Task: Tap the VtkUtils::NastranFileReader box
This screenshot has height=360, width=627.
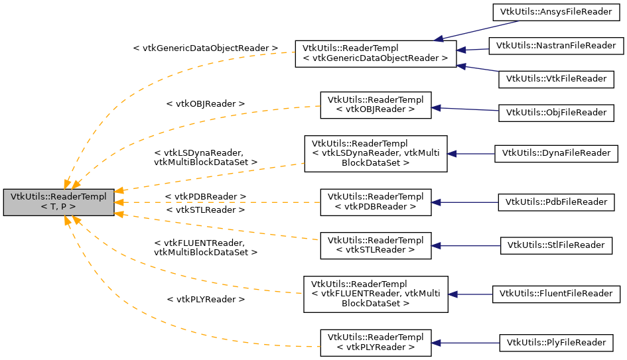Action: pos(556,45)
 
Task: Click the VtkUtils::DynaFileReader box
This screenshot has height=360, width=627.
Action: pos(556,153)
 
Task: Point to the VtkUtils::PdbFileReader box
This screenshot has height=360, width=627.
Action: pos(556,202)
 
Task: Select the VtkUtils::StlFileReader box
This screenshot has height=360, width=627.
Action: pos(556,245)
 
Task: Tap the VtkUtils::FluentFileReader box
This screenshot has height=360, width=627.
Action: pos(556,293)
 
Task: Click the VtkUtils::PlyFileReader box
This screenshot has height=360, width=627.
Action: pos(556,342)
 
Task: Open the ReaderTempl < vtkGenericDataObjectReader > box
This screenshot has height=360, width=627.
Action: pos(376,53)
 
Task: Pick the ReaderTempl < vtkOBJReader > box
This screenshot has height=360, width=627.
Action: pos(376,105)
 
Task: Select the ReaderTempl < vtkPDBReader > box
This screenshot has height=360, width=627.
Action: pos(376,202)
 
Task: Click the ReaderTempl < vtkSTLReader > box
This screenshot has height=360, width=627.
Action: pos(376,245)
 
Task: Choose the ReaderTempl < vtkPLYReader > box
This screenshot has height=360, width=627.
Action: pos(376,341)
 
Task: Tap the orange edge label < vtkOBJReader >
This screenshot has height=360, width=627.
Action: pos(205,104)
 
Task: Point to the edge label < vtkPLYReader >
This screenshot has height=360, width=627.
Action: pos(205,300)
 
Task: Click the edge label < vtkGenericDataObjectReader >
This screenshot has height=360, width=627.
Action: pos(205,48)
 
